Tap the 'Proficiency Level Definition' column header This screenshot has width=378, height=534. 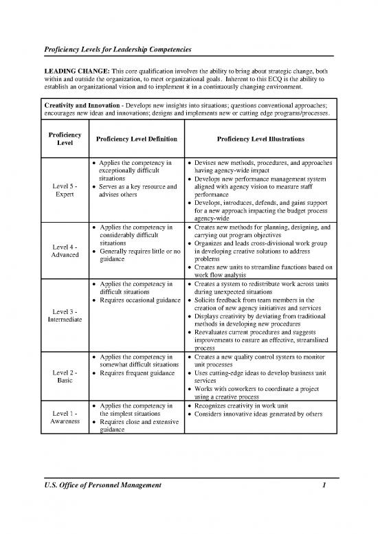[135, 139]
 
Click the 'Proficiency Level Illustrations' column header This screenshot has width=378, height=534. [260, 139]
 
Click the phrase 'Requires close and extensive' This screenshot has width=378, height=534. [137, 425]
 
